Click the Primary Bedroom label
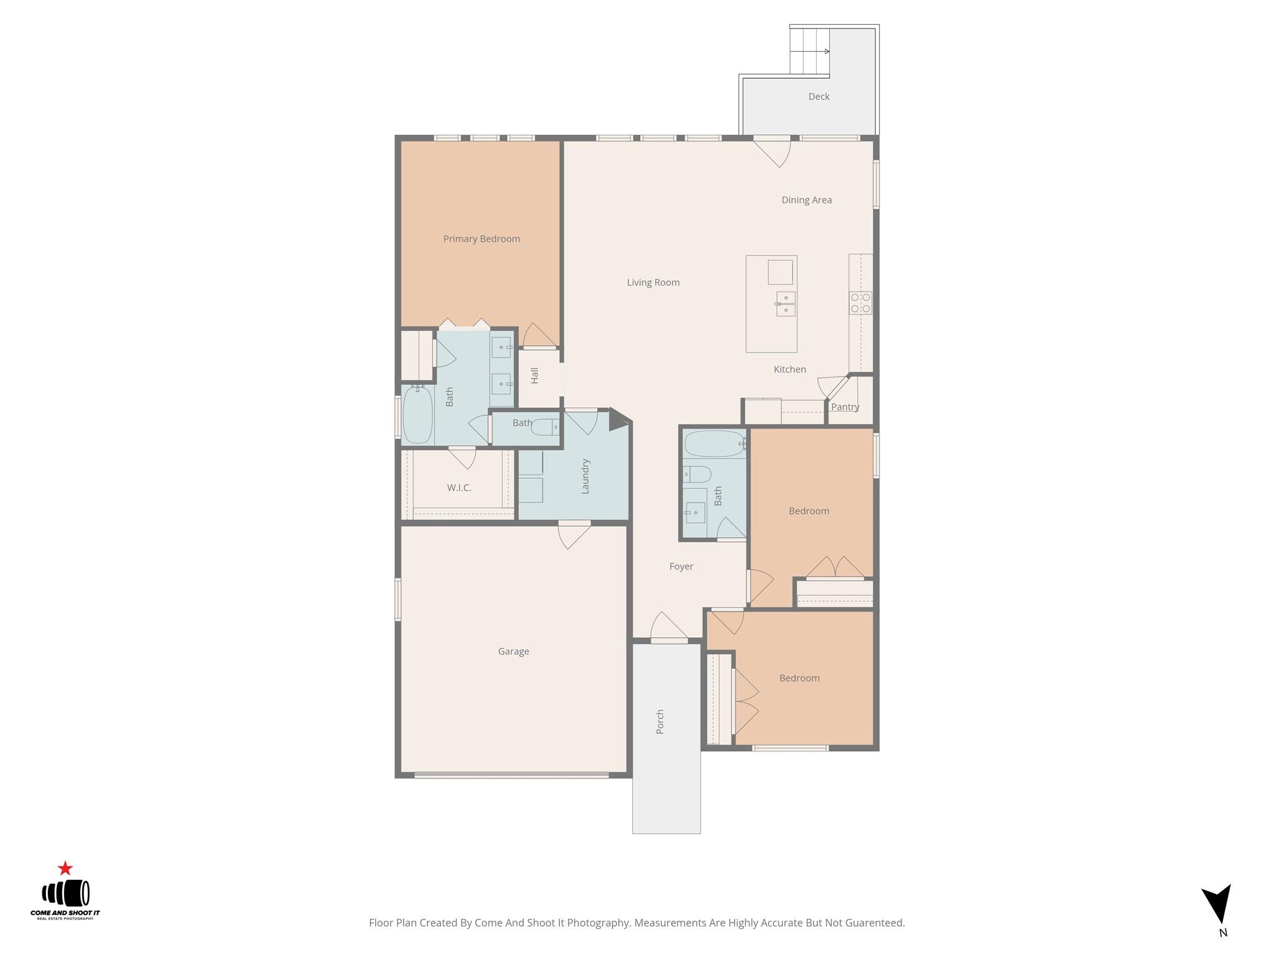coord(481,239)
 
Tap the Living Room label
coord(653,282)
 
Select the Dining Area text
coord(806,200)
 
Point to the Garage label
coord(513,652)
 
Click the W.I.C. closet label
coord(459,487)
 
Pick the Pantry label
coord(845,407)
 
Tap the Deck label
coord(819,96)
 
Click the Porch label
coord(660,721)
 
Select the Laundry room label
coord(585,476)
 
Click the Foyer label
coord(681,566)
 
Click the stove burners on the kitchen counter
coord(861,303)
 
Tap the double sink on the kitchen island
coord(786,303)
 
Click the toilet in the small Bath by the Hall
coord(546,427)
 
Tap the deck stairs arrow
coord(826,51)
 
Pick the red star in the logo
coord(65,868)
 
